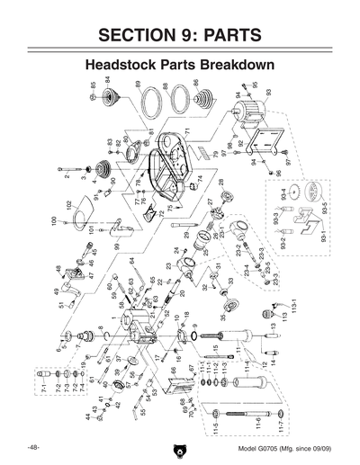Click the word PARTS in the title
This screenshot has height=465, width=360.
pos(236,36)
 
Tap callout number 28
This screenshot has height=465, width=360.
pos(220,183)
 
